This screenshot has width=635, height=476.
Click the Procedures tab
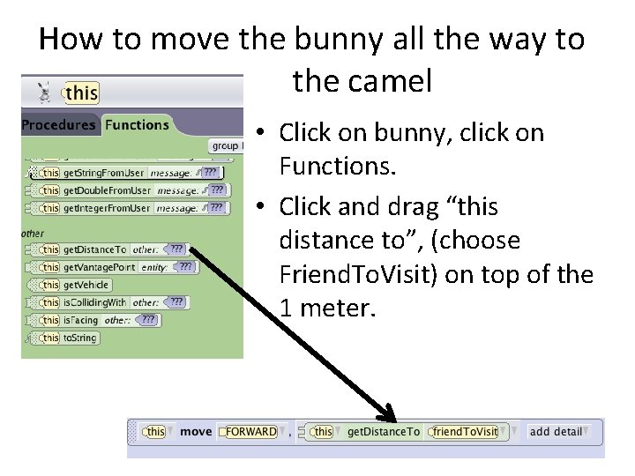tap(58, 125)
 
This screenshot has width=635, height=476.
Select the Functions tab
tap(137, 125)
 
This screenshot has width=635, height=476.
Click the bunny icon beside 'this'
tap(43, 92)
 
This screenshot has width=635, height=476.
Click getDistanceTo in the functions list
tap(95, 250)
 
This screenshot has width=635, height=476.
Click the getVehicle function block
tap(86, 285)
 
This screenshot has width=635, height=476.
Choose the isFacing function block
tap(81, 320)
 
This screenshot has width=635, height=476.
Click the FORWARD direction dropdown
tap(250, 432)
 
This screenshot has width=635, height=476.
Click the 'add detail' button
tap(557, 432)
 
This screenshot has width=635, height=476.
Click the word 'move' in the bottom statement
tap(196, 432)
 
